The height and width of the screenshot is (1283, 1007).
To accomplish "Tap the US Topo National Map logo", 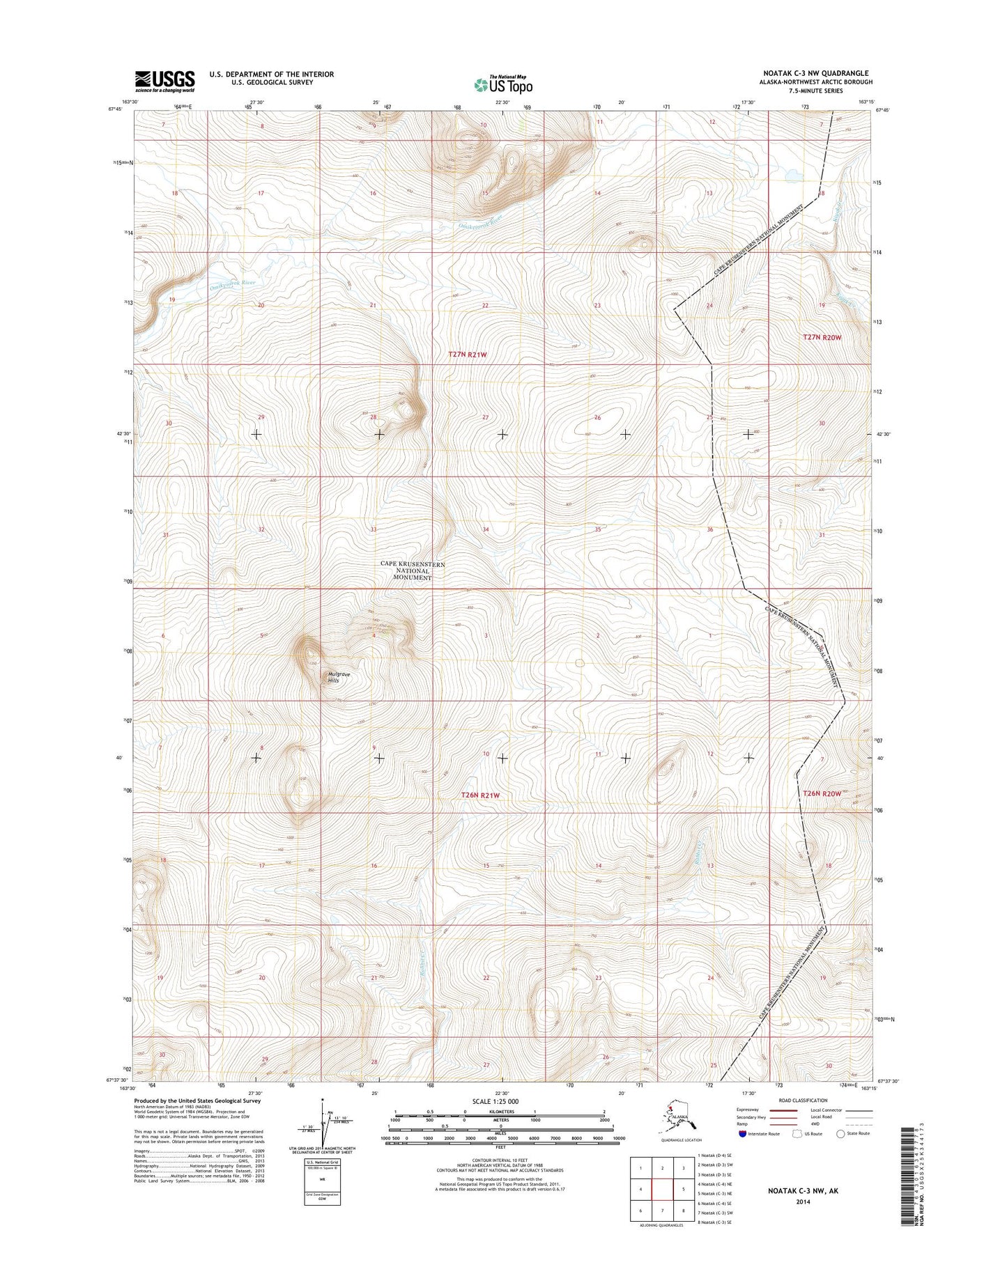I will [x=503, y=84].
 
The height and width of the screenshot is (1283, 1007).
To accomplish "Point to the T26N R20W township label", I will [x=822, y=793].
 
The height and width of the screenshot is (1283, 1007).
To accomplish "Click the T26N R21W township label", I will [x=481, y=795].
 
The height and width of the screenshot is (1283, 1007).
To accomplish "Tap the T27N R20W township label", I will [x=822, y=337].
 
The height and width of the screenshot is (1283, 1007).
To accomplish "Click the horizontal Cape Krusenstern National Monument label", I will [x=412, y=570].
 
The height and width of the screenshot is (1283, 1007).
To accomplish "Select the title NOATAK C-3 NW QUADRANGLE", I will [x=816, y=73].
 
